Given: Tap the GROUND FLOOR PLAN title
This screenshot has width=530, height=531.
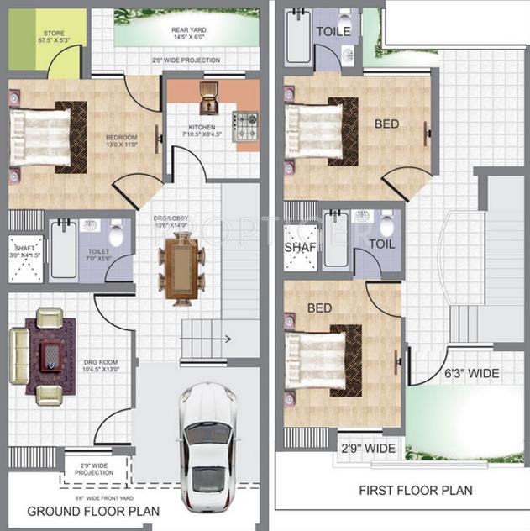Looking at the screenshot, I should (x=93, y=511).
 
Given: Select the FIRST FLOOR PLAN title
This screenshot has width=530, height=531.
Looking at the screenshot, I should (x=415, y=490).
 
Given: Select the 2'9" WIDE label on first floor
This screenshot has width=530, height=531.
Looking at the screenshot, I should (x=367, y=448).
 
